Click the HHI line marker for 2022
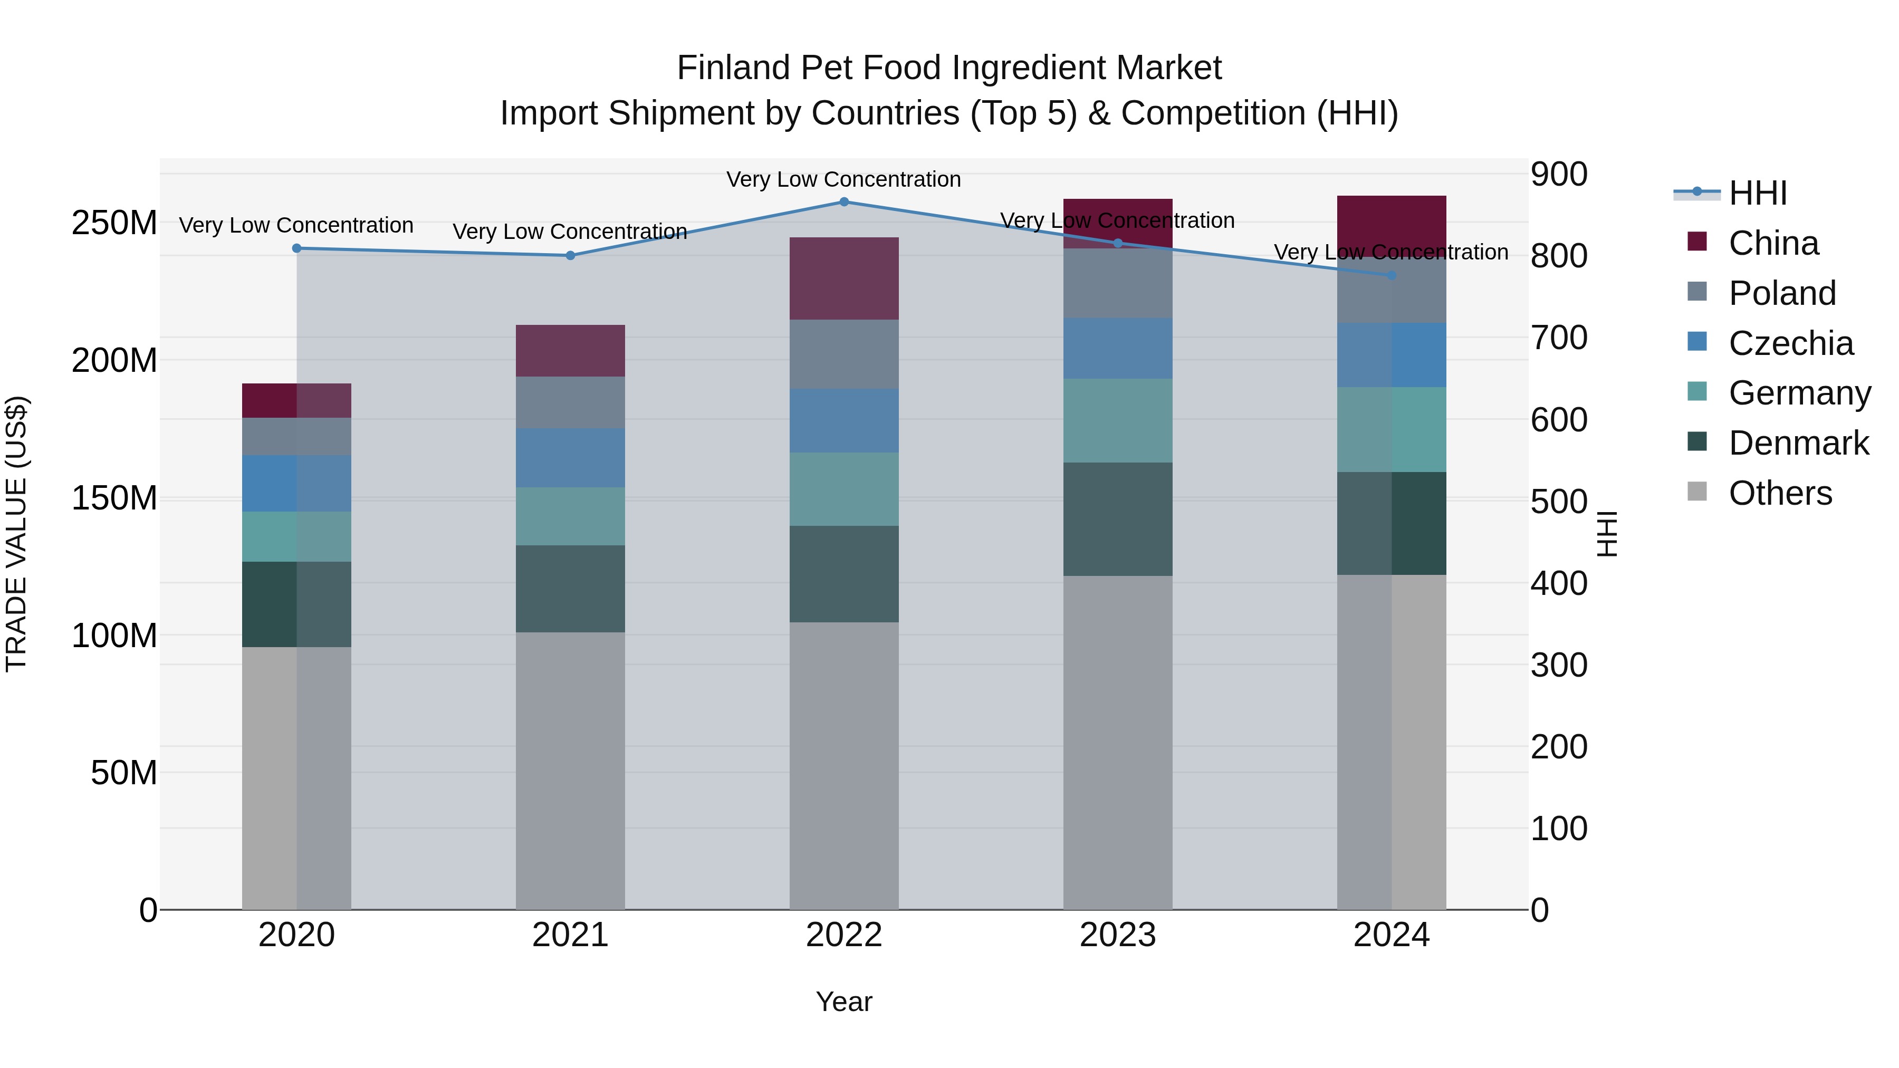[x=844, y=202]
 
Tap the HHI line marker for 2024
[x=1391, y=276]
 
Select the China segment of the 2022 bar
[x=844, y=278]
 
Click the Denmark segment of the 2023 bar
[x=1118, y=519]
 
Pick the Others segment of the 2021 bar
[x=570, y=770]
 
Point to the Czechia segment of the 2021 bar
[x=570, y=458]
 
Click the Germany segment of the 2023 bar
[x=1118, y=421]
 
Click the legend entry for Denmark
[x=1798, y=443]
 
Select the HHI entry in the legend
[x=1758, y=193]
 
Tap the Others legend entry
[x=1780, y=493]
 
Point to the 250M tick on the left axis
[x=114, y=223]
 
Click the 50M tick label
[x=124, y=773]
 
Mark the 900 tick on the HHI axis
[x=1558, y=175]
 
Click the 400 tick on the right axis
[x=1558, y=583]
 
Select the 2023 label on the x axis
[x=1118, y=935]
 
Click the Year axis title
[x=844, y=1002]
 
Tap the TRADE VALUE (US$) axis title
[x=16, y=534]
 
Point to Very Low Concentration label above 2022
[x=843, y=179]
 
